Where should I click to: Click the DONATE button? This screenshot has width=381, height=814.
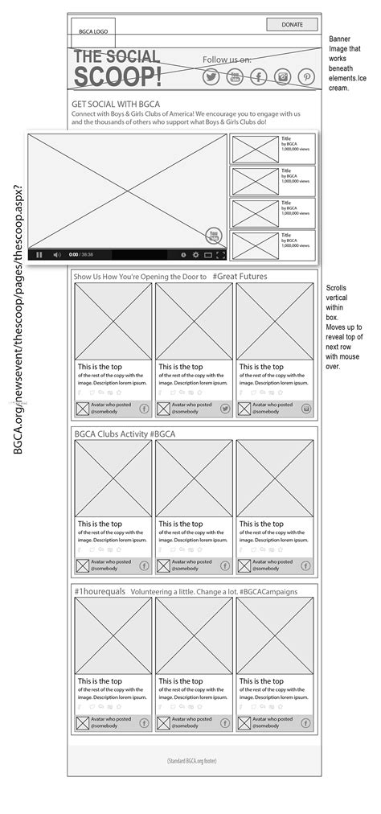tap(292, 25)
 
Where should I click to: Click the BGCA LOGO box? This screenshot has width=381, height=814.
tap(93, 31)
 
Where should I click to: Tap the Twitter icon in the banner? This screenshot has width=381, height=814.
tap(211, 77)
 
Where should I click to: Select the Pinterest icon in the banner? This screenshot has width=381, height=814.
tap(307, 77)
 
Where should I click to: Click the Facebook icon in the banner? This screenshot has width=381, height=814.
tap(259, 77)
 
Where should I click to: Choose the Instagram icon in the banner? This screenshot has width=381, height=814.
tap(283, 77)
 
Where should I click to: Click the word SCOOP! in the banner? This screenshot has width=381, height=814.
tap(117, 77)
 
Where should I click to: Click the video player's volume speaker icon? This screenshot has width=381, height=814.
tap(57, 255)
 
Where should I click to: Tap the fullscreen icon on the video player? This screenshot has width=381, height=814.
tap(221, 255)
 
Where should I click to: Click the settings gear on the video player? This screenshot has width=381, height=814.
tap(195, 255)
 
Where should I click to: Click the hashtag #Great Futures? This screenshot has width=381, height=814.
tap(240, 277)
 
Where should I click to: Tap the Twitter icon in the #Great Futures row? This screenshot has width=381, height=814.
tap(225, 409)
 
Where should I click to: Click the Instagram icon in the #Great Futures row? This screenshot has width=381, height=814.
tap(306, 409)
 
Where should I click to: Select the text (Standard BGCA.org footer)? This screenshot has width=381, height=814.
tap(192, 761)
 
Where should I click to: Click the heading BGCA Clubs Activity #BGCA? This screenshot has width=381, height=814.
tap(125, 434)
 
